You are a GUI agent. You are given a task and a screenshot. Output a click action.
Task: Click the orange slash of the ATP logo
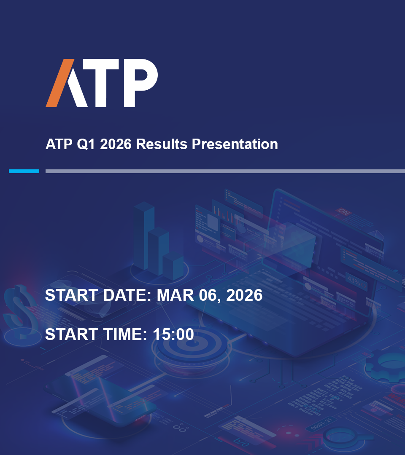(x=60, y=83)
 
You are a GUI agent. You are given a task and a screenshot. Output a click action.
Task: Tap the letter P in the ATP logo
(x=141, y=83)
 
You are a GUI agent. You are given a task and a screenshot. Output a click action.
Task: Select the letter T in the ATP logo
(x=101, y=83)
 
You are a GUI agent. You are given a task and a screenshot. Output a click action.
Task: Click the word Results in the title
(x=162, y=144)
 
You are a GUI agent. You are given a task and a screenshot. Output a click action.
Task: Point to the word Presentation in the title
(x=235, y=144)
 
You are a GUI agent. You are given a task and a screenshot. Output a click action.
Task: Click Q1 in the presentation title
(x=86, y=144)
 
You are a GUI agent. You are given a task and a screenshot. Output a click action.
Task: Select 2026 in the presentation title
(x=116, y=144)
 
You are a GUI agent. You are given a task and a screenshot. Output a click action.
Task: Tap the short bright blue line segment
(x=24, y=171)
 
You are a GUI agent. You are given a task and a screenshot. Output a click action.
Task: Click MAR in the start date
(x=175, y=295)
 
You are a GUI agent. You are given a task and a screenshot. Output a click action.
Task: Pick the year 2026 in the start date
(x=244, y=295)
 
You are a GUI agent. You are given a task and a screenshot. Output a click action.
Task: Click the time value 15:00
(x=173, y=334)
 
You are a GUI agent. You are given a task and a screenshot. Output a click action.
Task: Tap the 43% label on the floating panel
(x=354, y=281)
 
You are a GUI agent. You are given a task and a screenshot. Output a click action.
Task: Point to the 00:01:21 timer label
(x=321, y=424)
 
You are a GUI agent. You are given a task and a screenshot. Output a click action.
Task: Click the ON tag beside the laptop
(x=344, y=212)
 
